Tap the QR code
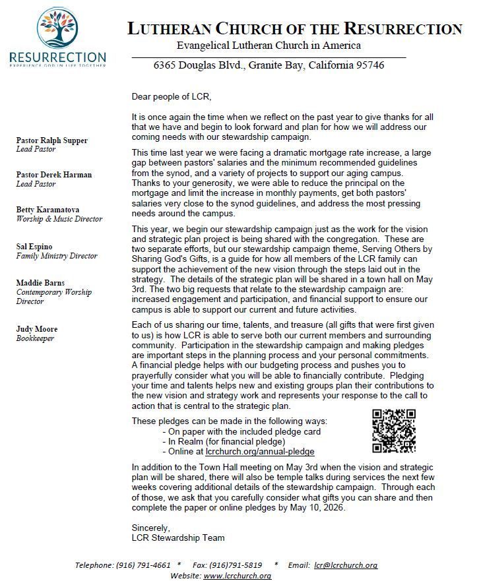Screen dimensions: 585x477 tap(394, 431)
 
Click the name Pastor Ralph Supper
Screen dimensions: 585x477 tap(52, 140)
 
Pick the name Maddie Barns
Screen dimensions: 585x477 tap(40, 283)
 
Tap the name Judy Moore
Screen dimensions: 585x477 tap(37, 329)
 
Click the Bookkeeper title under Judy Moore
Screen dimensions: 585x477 tap(35, 338)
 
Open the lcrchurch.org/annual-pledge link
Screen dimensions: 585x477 tap(260, 452)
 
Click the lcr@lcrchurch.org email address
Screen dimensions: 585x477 tap(346, 565)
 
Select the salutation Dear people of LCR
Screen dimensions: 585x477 tap(172, 97)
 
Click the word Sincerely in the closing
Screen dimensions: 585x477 tap(151, 528)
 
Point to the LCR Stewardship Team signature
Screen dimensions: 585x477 tap(178, 538)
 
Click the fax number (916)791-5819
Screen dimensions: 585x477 tap(236, 565)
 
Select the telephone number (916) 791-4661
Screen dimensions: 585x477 tap(143, 565)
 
